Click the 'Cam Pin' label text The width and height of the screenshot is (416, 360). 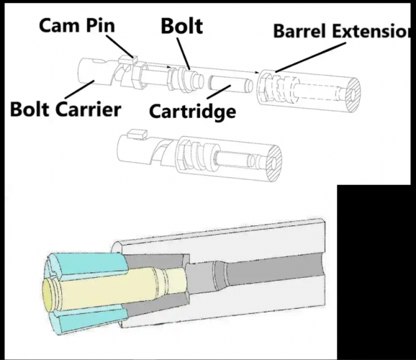pyautogui.click(x=77, y=25)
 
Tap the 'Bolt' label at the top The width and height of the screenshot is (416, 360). pyautogui.click(x=182, y=26)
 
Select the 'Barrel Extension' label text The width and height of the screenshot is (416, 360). pyautogui.click(x=342, y=31)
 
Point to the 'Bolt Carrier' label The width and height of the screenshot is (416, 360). pyautogui.click(x=65, y=109)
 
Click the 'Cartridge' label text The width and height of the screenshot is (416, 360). pyautogui.click(x=193, y=112)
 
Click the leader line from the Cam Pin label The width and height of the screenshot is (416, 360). pyautogui.click(x=119, y=46)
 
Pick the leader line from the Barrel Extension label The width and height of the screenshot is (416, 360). pyautogui.click(x=311, y=58)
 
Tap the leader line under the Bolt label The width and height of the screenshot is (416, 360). pyautogui.click(x=184, y=54)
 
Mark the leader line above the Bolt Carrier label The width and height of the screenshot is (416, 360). pyautogui.click(x=80, y=89)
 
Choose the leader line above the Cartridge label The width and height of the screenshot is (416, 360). pyautogui.click(x=218, y=91)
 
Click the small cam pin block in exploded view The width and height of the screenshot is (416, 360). pyautogui.click(x=128, y=60)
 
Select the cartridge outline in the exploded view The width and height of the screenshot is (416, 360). pyautogui.click(x=230, y=84)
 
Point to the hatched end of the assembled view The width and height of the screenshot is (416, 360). pyautogui.click(x=274, y=163)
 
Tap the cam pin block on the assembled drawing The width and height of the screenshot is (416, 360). pyautogui.click(x=137, y=134)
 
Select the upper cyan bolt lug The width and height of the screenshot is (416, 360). pyautogui.click(x=89, y=264)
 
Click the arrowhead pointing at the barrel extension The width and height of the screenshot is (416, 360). pyautogui.click(x=257, y=72)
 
